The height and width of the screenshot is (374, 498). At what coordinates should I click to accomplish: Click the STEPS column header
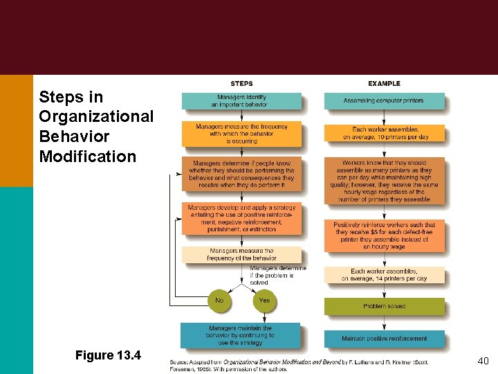(x=241, y=83)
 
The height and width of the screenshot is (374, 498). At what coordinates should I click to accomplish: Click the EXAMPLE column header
(x=384, y=83)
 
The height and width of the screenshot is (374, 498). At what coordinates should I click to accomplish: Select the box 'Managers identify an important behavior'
(x=241, y=101)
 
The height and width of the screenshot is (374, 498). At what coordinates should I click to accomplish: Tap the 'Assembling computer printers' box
(x=384, y=101)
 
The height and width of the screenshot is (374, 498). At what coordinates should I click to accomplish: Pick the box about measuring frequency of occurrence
(x=241, y=134)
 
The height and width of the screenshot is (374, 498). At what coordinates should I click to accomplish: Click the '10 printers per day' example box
(x=385, y=133)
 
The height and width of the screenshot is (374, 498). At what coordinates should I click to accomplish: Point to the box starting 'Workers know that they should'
(x=385, y=181)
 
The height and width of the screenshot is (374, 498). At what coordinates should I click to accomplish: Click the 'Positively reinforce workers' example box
(x=385, y=235)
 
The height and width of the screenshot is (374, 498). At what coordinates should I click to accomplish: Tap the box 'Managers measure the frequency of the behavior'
(x=241, y=254)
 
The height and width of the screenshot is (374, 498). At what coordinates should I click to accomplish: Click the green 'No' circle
(x=219, y=301)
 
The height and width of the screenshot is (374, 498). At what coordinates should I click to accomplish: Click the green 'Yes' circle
(x=264, y=301)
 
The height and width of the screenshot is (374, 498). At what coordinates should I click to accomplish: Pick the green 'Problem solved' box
(x=385, y=306)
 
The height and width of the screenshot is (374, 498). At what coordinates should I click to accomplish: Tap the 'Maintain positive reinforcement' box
(x=385, y=338)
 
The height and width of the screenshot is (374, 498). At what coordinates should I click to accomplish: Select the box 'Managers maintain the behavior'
(x=241, y=335)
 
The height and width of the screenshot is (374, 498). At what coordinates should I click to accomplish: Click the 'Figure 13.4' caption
(x=108, y=355)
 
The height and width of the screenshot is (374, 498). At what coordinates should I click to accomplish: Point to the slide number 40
(x=483, y=361)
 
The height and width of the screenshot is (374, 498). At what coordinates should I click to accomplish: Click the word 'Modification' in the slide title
(x=88, y=156)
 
